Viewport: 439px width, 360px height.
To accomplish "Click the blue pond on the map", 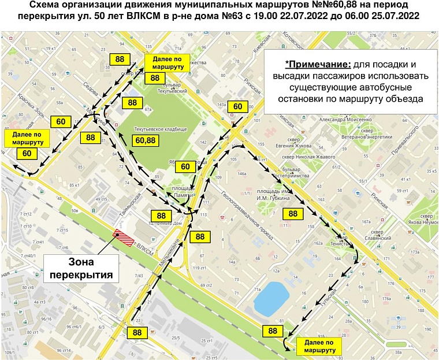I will (x=271, y=296).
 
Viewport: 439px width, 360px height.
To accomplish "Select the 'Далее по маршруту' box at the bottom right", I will (x=317, y=346).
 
